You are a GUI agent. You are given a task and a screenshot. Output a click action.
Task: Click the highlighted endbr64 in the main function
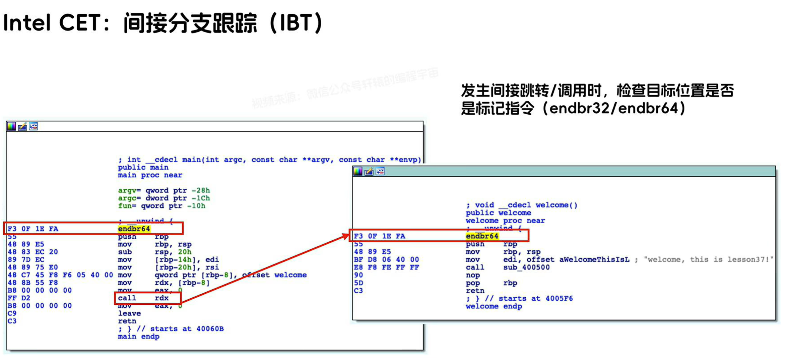134,229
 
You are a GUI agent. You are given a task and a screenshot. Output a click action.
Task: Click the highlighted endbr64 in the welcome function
482,236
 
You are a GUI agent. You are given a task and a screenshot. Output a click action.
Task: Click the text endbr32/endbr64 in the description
613,108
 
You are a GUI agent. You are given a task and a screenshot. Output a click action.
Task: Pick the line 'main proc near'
150,175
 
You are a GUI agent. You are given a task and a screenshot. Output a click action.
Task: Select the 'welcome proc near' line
505,221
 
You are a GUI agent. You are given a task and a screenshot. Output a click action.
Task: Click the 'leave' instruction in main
129,313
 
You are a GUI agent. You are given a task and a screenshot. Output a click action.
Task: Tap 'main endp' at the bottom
138,337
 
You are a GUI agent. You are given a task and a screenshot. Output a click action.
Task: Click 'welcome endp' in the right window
494,306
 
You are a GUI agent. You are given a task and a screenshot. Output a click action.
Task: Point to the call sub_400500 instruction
507,267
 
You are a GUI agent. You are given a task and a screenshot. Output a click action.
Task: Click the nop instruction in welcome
472,275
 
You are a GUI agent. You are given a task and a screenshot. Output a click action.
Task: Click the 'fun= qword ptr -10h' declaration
161,206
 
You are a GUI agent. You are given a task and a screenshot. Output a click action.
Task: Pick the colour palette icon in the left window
11,126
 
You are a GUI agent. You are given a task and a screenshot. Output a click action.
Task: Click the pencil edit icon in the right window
369,172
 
